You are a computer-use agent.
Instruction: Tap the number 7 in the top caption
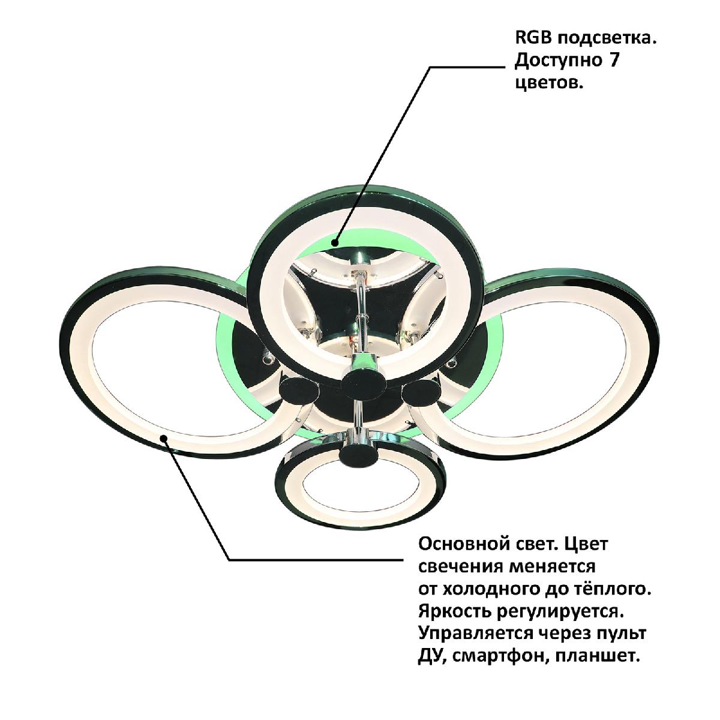click(x=614, y=61)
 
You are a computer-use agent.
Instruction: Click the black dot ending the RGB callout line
click(x=335, y=242)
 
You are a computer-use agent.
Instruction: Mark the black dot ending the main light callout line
click(x=164, y=437)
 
